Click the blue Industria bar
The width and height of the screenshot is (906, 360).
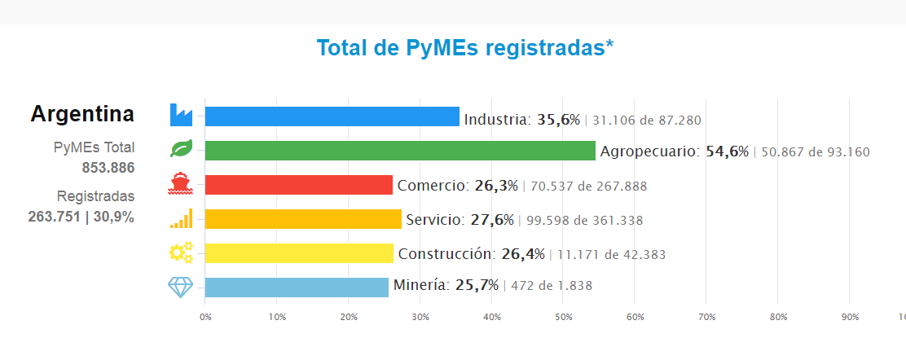(x=332, y=116)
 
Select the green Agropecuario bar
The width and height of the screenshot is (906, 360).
(x=400, y=151)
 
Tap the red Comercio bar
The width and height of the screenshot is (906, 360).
(x=298, y=185)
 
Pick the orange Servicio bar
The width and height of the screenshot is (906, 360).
(x=303, y=219)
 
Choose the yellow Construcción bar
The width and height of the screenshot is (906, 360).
(x=299, y=253)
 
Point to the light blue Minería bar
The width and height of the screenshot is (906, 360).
(x=297, y=287)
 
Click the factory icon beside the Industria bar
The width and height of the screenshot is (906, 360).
(x=181, y=116)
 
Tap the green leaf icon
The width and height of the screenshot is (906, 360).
(x=181, y=149)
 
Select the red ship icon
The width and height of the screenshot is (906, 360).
(x=181, y=184)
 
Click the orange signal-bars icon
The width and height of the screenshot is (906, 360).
(x=181, y=218)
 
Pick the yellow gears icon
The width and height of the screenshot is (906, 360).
(x=181, y=252)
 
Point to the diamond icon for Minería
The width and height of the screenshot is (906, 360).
(x=181, y=287)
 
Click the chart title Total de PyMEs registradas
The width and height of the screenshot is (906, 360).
(x=464, y=48)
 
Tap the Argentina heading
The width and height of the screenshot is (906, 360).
(x=82, y=114)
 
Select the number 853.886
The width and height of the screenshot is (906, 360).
(x=108, y=168)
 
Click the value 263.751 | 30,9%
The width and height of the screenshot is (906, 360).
(x=81, y=217)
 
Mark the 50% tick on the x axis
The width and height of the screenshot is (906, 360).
(x=564, y=317)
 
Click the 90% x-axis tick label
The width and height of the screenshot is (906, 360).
(x=850, y=317)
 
